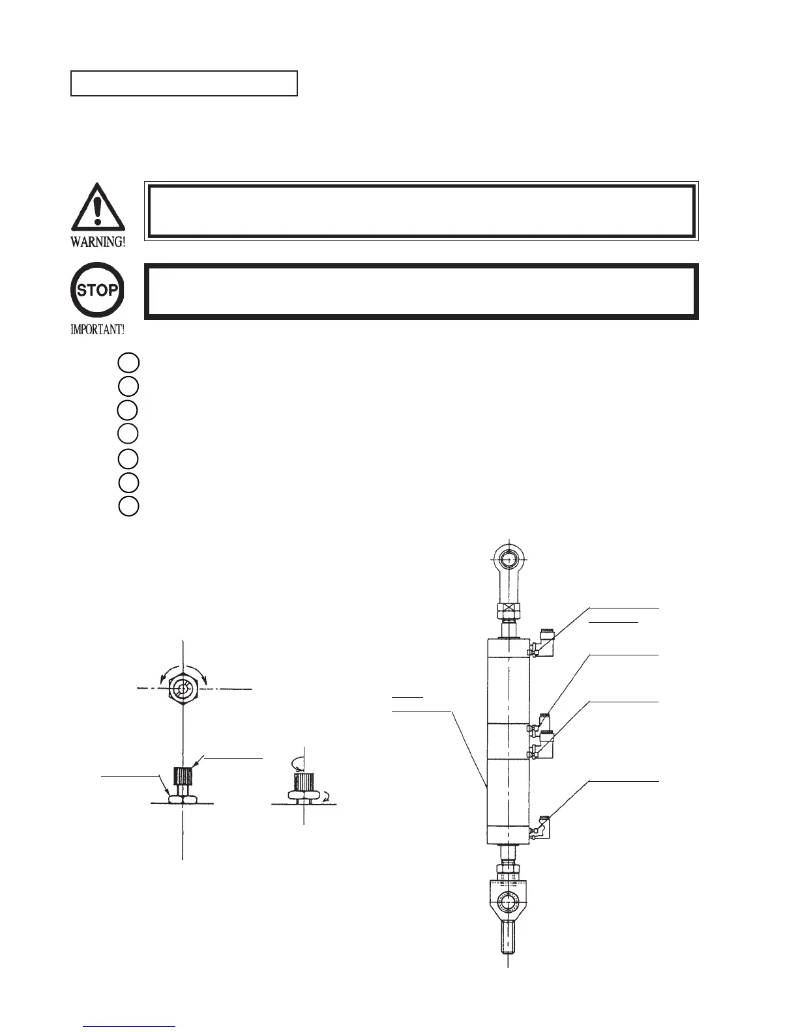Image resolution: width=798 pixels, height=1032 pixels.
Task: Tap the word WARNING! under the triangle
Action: point(98,242)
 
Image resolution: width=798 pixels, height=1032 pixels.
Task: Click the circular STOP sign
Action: point(97,290)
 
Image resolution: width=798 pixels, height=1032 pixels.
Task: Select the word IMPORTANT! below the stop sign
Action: point(97,330)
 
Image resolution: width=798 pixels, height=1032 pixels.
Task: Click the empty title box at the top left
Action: point(184,83)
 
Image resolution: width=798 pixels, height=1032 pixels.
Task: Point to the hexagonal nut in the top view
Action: point(183,689)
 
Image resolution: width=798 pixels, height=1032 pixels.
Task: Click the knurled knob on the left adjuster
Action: point(183,777)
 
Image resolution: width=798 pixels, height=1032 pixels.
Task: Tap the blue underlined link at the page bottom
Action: point(130,1026)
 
